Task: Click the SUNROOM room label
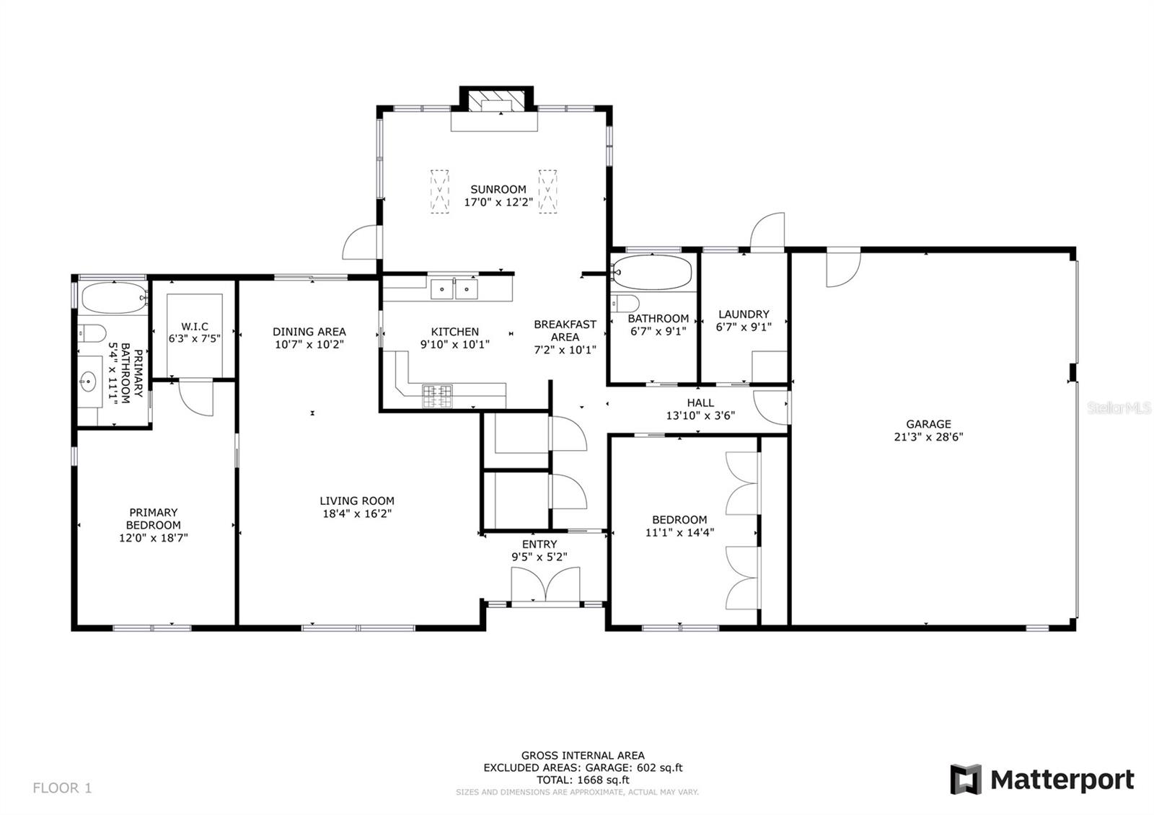(x=498, y=189)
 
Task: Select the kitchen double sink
(x=454, y=289)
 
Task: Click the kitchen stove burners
(x=437, y=396)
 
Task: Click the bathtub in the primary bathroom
(x=114, y=297)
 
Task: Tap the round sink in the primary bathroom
(x=88, y=382)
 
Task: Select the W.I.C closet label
(x=195, y=327)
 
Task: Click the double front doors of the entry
(x=545, y=584)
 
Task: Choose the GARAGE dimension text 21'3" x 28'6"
(x=928, y=437)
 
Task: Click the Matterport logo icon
(x=966, y=780)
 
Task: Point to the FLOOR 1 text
(x=62, y=788)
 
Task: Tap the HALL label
(x=700, y=403)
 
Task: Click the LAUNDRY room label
(x=744, y=314)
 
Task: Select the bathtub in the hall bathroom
(x=652, y=273)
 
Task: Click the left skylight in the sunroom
(x=439, y=191)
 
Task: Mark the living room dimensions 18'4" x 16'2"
(x=357, y=514)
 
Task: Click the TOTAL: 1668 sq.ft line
(x=583, y=780)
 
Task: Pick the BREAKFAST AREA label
(x=565, y=331)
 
